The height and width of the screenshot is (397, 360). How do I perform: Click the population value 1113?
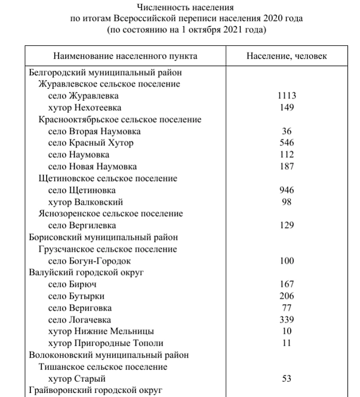[x=287, y=96]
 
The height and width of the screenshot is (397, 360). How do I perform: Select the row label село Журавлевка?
[x=83, y=96]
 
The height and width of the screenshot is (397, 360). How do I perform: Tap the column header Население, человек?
[x=287, y=56]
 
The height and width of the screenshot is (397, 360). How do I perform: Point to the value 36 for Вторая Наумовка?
[x=287, y=131]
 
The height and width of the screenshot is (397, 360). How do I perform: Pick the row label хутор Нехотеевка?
[x=84, y=107]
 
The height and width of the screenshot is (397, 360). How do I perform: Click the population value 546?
[x=287, y=143]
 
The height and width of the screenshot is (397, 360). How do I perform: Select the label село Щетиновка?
[x=82, y=190]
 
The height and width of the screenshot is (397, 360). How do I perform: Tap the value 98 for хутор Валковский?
[x=287, y=202]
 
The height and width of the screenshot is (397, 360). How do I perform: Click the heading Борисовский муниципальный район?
[x=103, y=237]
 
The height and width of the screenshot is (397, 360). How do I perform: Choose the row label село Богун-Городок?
[x=89, y=261]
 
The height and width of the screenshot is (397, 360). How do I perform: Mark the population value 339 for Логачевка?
[x=287, y=319]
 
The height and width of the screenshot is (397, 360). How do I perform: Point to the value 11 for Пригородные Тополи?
[x=287, y=343]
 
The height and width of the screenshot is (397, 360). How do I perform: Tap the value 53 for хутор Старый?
[x=287, y=378]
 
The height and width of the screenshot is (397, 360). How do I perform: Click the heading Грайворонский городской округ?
[x=96, y=390]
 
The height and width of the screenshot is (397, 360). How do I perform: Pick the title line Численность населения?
[x=186, y=8]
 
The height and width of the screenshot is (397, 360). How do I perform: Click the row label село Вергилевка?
[x=82, y=225]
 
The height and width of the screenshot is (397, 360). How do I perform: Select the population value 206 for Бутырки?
[x=287, y=296]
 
